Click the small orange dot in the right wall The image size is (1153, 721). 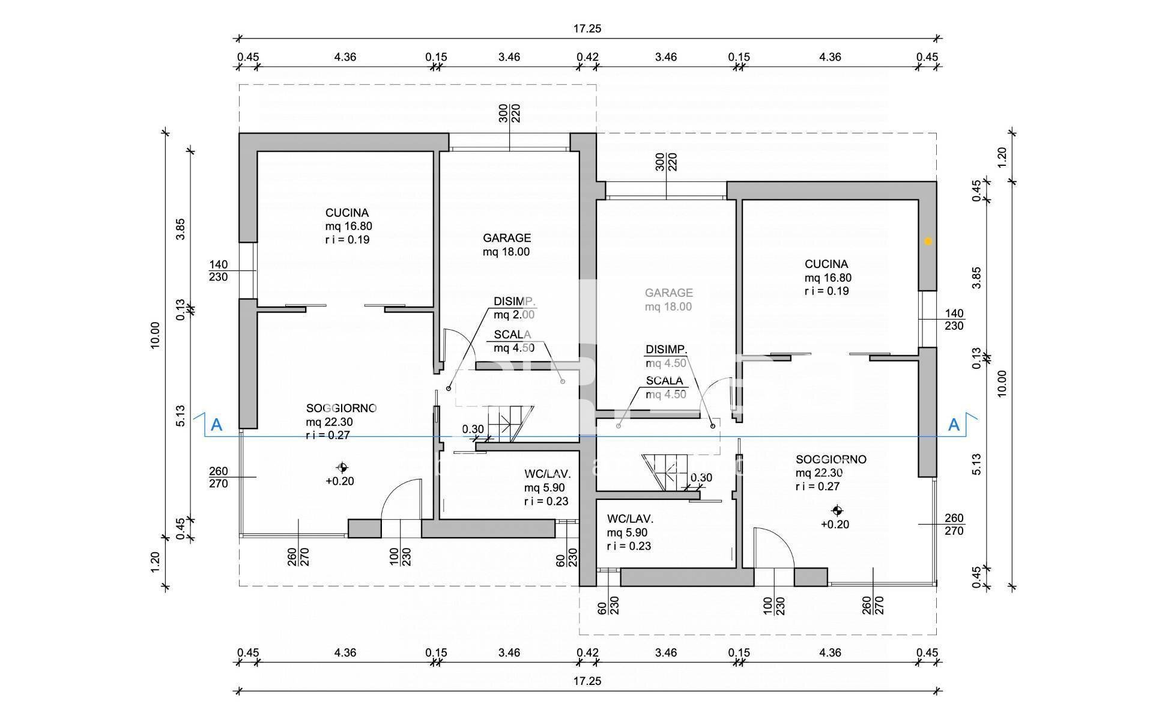[x=928, y=241]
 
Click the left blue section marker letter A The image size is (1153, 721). [x=217, y=425]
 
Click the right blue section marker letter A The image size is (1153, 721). [x=954, y=425]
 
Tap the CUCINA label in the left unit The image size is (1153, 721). [x=347, y=213]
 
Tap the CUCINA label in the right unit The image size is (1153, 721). [x=826, y=264]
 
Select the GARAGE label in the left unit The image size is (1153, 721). [x=507, y=238]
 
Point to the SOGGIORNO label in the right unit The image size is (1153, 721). [x=831, y=460]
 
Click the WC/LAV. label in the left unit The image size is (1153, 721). [x=546, y=473]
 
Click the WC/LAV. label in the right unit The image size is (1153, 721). [x=630, y=519]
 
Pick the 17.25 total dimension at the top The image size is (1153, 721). [x=587, y=28]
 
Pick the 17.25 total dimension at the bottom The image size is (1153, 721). [x=587, y=681]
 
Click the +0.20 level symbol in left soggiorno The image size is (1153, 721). [x=342, y=467]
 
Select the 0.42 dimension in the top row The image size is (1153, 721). [x=587, y=57]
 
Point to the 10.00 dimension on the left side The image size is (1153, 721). [x=156, y=335]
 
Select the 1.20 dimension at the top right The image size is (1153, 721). [x=1001, y=157]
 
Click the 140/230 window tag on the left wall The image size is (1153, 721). [x=219, y=270]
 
